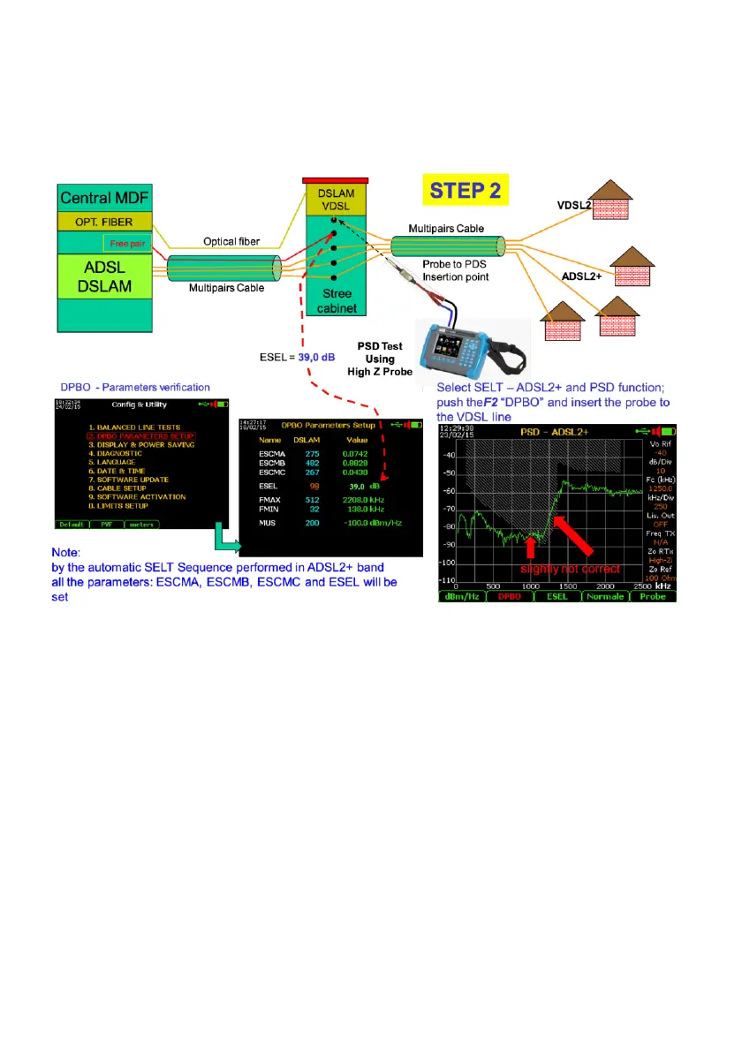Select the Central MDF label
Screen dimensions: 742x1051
(x=100, y=197)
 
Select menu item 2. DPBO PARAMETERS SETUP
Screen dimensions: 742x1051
(x=140, y=435)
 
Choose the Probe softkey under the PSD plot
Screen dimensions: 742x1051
(x=652, y=596)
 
